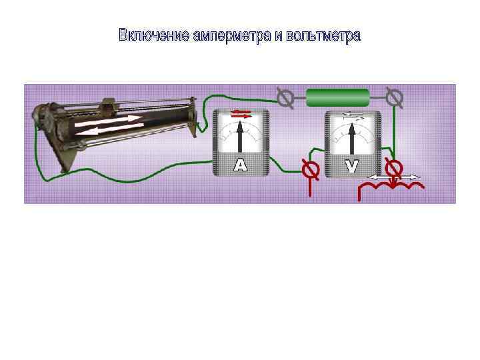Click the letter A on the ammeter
tap(240, 166)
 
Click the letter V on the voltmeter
tap(352, 166)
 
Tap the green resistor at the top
tap(337, 98)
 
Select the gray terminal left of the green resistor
tap(285, 98)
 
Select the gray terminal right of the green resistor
tap(395, 98)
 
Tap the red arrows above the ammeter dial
tap(241, 114)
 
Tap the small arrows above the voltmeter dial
tap(353, 115)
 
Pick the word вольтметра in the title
tap(323, 35)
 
